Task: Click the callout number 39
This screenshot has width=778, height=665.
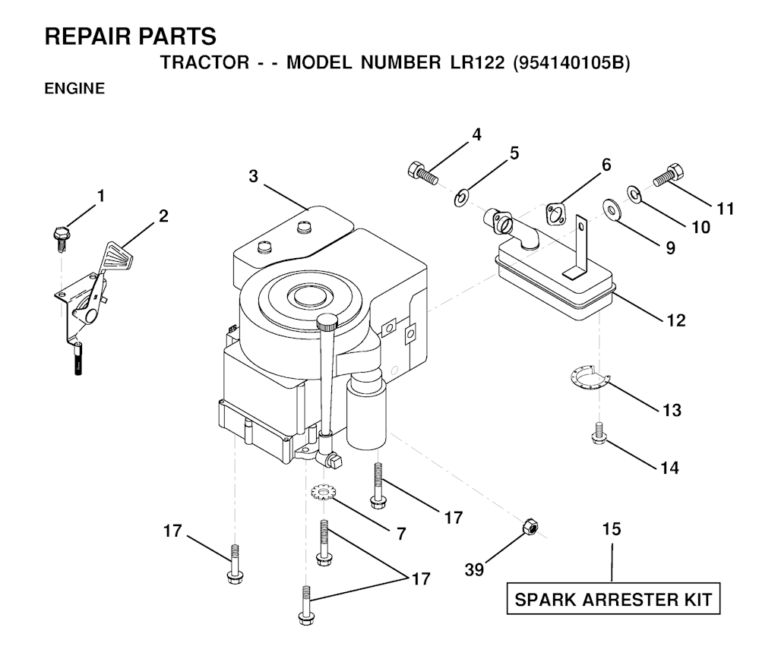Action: click(x=474, y=569)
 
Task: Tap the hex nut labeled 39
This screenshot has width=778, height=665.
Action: click(x=530, y=527)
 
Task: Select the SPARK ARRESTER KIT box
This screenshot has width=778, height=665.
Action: click(x=613, y=599)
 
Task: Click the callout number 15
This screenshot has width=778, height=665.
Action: click(x=612, y=529)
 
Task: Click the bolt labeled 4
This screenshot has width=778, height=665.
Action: click(x=422, y=173)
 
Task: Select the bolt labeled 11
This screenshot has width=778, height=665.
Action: click(x=669, y=175)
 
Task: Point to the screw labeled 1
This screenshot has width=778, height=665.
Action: click(x=61, y=238)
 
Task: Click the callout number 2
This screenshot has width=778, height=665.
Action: click(x=163, y=216)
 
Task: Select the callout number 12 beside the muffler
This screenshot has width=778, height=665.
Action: click(x=675, y=320)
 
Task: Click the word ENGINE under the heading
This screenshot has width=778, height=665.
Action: click(x=75, y=88)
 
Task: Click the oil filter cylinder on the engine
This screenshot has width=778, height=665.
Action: click(x=366, y=412)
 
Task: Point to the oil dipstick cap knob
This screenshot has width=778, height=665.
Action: click(x=327, y=322)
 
